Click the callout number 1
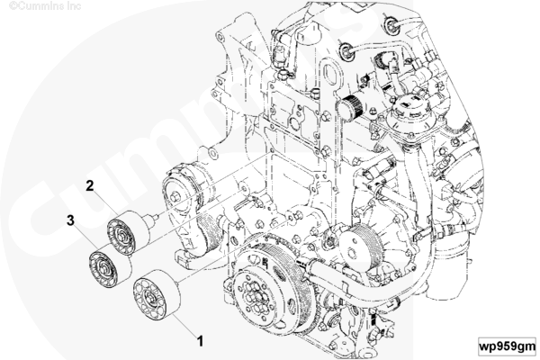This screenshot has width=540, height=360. point(200,341)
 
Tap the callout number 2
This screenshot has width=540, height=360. point(90,186)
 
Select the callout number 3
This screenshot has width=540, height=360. point(68,219)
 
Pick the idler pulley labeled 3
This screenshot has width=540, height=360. point(104,267)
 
